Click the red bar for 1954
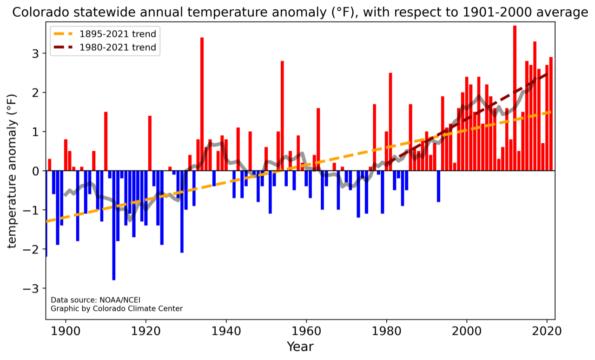(282, 116)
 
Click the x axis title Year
(300, 347)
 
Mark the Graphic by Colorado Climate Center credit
(117, 308)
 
